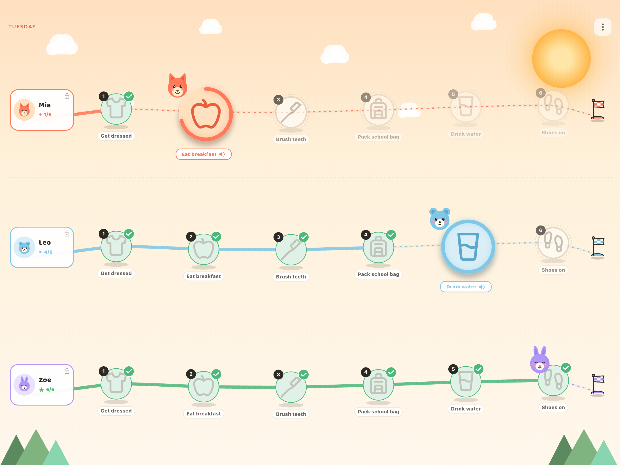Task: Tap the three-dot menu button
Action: [x=603, y=27]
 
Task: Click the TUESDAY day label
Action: [x=22, y=27]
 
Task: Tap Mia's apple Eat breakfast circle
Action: [x=206, y=114]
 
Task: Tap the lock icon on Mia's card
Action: [x=67, y=96]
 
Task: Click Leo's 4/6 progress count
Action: [x=48, y=252]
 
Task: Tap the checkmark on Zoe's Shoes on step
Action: [x=566, y=368]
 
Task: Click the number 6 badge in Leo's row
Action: [x=541, y=230]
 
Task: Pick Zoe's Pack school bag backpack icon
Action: [x=378, y=384]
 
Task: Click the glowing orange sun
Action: [x=561, y=59]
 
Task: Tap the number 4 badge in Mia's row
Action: [x=366, y=97]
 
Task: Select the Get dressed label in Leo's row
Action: [x=116, y=273]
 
